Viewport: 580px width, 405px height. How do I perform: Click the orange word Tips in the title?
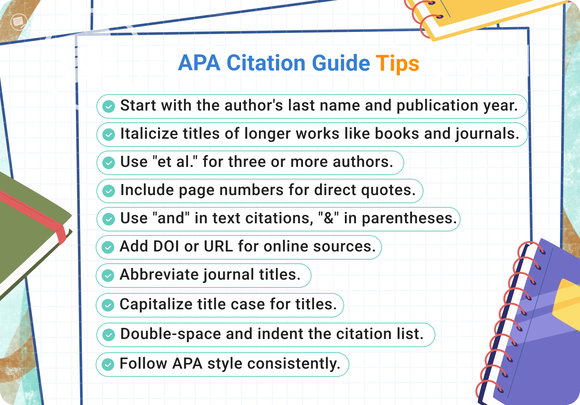coord(397,63)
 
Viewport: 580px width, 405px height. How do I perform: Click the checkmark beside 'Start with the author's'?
coord(108,106)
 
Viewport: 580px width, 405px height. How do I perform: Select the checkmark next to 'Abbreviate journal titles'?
coord(108,276)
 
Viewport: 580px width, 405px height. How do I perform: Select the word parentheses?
coord(409,218)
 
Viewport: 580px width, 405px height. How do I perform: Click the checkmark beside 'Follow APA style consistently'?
coord(108,365)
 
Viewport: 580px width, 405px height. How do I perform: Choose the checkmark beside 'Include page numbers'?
coord(108,191)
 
